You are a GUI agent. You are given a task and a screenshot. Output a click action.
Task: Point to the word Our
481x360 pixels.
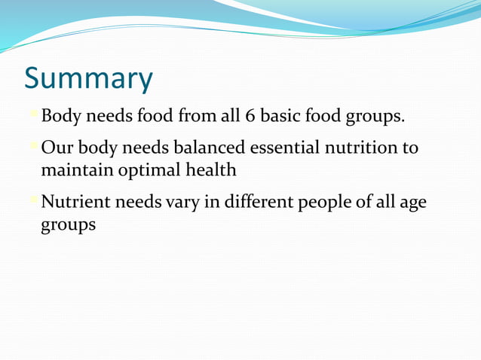click(x=57, y=148)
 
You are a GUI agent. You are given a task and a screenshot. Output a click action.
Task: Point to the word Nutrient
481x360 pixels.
click(x=75, y=202)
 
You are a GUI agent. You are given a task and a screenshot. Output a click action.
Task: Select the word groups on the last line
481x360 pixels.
click(x=68, y=225)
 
